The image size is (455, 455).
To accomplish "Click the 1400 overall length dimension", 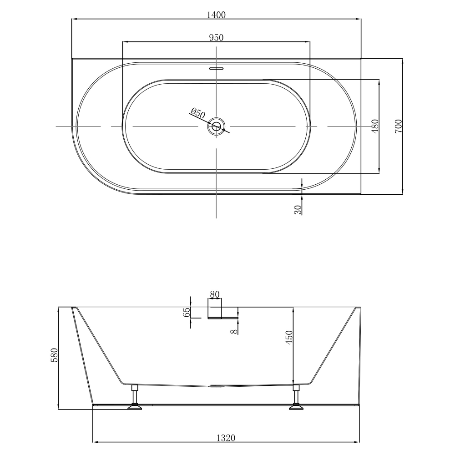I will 216,15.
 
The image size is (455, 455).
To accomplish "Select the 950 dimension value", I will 216,37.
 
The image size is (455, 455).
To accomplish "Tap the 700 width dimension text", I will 398,126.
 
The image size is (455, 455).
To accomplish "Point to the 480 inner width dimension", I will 375,126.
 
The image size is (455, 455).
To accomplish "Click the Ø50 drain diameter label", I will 198,112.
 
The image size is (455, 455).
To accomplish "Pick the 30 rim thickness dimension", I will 298,209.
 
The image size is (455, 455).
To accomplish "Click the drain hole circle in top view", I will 217,126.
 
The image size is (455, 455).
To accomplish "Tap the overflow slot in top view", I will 217,69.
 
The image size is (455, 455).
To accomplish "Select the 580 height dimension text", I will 54,356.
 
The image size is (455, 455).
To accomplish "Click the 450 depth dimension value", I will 289,338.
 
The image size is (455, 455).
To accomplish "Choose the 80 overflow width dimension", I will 215,294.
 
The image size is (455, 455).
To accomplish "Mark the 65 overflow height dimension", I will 186,312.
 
